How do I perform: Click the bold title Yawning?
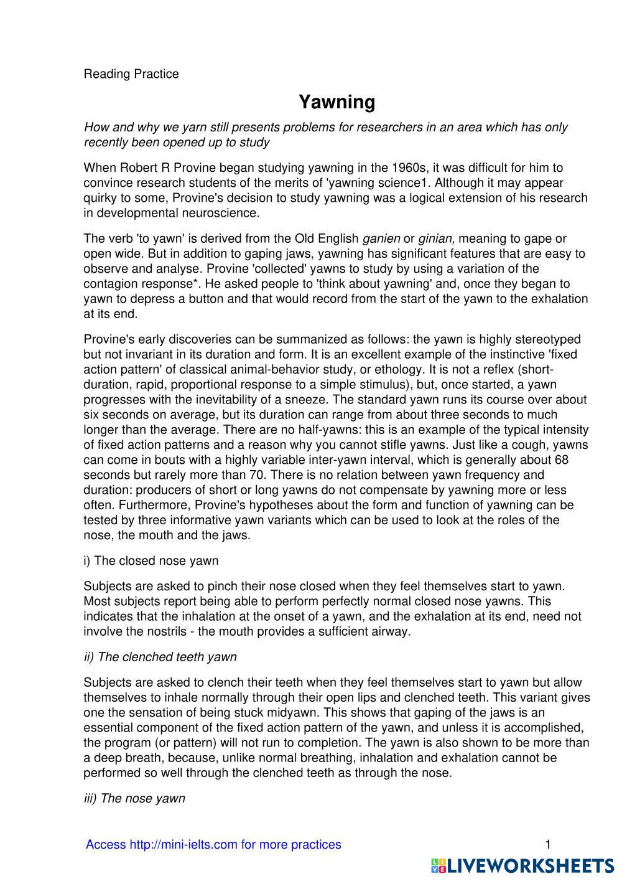[x=337, y=101]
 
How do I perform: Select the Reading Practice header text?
[x=131, y=74]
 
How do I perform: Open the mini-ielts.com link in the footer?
[x=213, y=844]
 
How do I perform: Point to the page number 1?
[x=548, y=844]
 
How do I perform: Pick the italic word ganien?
[x=381, y=238]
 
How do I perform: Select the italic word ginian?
[x=437, y=238]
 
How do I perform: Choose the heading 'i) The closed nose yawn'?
[x=151, y=561]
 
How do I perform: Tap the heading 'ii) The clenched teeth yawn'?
[x=160, y=657]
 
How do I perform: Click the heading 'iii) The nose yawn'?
[x=134, y=798]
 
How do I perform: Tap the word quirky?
[x=101, y=198]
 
